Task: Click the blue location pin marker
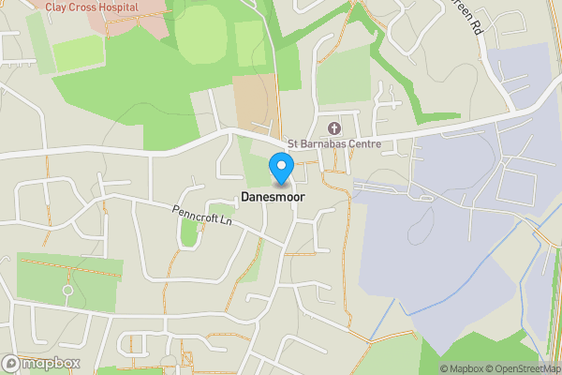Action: point(281,168)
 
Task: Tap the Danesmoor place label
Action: point(273,197)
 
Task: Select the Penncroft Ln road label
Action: point(201,215)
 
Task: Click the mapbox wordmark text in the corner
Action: point(52,364)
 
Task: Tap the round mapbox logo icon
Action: point(12,364)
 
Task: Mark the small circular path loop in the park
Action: point(67,291)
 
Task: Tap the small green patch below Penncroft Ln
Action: point(189,232)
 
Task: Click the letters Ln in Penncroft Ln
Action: point(225,221)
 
